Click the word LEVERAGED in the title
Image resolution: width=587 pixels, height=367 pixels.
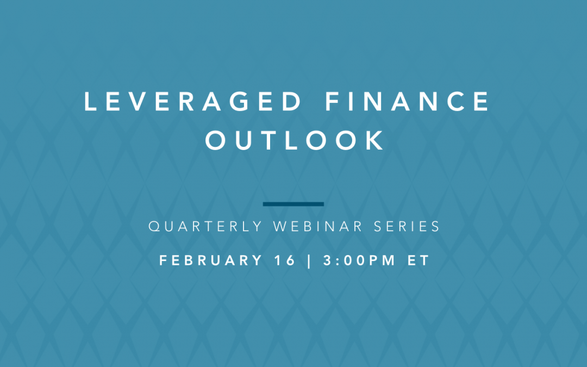pos(193,102)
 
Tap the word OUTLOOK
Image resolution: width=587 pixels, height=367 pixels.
pos(295,141)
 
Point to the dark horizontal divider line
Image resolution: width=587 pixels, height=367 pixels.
pos(293,204)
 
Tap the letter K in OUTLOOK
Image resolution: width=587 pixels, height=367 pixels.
pos(376,141)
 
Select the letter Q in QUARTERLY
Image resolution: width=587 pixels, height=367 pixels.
pos(153,227)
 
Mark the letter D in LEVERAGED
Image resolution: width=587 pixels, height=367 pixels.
pos(292,102)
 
